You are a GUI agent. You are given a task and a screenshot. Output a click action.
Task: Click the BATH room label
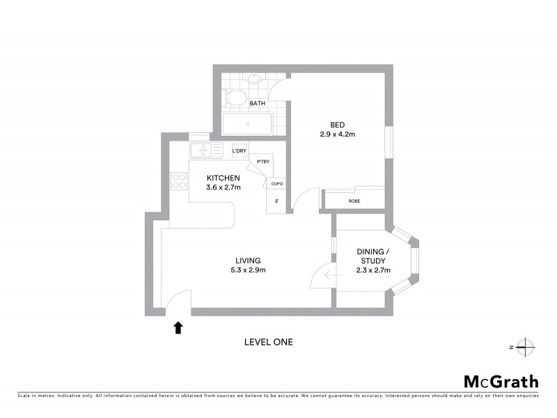tap(258, 104)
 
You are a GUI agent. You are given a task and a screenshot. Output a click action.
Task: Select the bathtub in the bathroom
tap(247, 125)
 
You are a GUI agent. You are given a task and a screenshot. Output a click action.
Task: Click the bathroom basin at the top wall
tap(255, 78)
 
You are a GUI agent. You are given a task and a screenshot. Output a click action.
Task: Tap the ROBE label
tap(354, 201)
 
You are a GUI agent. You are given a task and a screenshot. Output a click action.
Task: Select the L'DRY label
tap(239, 150)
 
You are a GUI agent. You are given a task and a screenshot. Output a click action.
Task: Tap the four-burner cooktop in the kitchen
tap(179, 181)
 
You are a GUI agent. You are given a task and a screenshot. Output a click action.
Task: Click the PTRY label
tap(262, 162)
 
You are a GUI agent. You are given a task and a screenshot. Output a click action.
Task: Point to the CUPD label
tap(276, 184)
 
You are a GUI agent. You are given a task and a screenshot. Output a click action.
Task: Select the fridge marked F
tap(276, 202)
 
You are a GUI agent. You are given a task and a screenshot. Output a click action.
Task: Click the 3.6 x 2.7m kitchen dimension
tap(223, 187)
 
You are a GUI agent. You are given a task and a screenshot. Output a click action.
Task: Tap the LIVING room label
tap(249, 261)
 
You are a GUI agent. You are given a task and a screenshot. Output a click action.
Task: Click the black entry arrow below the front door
tap(178, 327)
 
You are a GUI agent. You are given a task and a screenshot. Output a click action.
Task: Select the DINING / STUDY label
tap(373, 256)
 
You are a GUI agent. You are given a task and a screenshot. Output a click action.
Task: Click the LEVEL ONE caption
tap(268, 342)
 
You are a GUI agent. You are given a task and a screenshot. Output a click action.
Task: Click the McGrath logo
tap(501, 381)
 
